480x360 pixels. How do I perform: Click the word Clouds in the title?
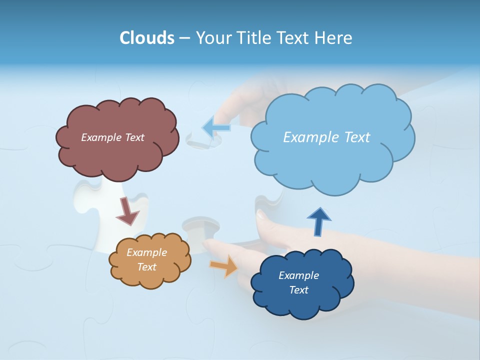pyautogui.click(x=147, y=38)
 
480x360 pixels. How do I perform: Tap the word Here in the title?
pyautogui.click(x=333, y=38)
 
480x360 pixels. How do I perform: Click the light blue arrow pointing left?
pyautogui.click(x=216, y=127)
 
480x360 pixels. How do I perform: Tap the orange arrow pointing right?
pyautogui.click(x=224, y=265)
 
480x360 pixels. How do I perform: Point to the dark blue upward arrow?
pyautogui.click(x=319, y=221)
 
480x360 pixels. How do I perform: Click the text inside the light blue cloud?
pyautogui.click(x=326, y=137)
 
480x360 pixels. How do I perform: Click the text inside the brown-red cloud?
pyautogui.click(x=112, y=137)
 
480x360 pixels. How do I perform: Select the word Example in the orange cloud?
pyautogui.click(x=146, y=252)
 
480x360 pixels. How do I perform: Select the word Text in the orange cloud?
pyautogui.click(x=146, y=267)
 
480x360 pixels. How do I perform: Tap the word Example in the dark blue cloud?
pyautogui.click(x=298, y=275)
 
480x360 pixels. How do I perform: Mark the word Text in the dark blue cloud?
pyautogui.click(x=298, y=290)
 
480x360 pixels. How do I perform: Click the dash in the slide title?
pyautogui.click(x=184, y=38)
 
